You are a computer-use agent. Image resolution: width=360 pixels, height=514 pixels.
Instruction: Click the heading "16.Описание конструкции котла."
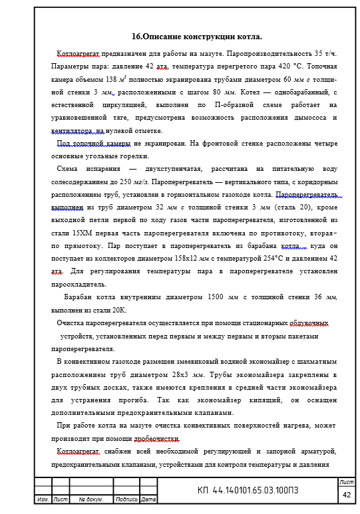tap(197, 37)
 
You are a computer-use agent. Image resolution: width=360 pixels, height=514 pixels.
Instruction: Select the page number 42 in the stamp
tap(347, 495)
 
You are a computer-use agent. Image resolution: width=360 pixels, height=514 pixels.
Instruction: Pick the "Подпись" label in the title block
tap(126, 499)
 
